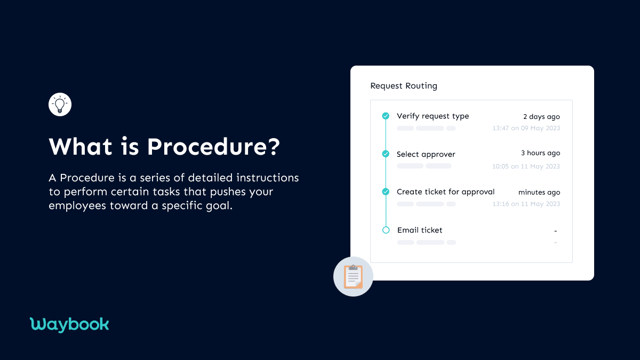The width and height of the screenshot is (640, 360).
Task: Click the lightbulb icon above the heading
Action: point(60,105)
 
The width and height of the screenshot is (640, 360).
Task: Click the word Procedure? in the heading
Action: point(213,147)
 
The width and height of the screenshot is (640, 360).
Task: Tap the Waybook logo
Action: point(69,324)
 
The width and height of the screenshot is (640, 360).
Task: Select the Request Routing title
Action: point(404,86)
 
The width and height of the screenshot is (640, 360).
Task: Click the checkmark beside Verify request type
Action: point(386,116)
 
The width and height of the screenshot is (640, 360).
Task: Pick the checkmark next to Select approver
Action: point(386,154)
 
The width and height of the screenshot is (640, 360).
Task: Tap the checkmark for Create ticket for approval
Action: point(386,191)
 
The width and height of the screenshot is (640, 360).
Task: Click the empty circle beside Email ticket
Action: point(386,230)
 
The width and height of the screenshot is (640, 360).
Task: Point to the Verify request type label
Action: point(433,116)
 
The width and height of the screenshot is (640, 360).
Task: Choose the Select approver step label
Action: point(426,154)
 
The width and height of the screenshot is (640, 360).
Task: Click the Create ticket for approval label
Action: point(445,192)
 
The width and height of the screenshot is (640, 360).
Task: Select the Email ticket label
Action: point(420,230)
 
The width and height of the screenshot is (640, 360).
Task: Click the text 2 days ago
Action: point(541,117)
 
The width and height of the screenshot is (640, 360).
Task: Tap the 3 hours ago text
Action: point(540,154)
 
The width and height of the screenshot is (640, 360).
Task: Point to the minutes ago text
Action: point(539,193)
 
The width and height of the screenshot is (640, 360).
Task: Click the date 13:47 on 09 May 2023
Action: point(526,129)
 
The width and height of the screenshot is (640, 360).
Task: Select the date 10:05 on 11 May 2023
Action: point(526,166)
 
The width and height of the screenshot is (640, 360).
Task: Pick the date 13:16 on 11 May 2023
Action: point(526,204)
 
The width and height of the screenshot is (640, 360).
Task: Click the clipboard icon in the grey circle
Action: point(353,276)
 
